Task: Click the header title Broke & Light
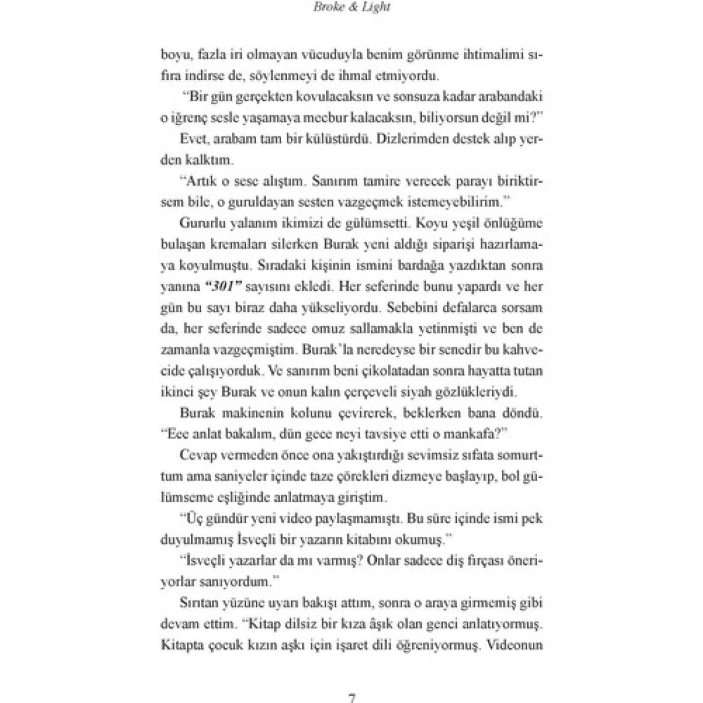pos(351,8)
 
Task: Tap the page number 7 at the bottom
pos(351,698)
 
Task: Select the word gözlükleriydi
pos(480,391)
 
